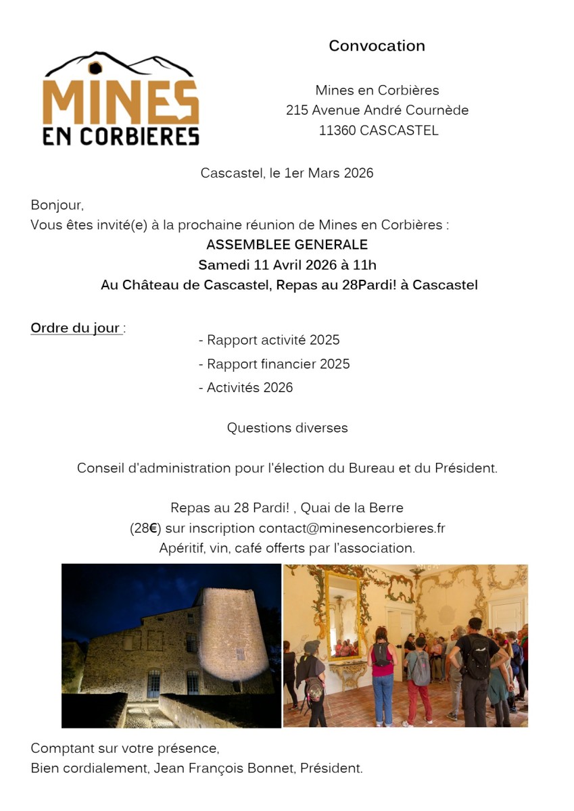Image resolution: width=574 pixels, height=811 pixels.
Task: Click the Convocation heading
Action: click(x=377, y=46)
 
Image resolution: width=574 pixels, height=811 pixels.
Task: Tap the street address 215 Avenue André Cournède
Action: click(x=377, y=110)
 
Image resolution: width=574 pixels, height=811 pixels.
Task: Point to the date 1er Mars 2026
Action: click(x=329, y=173)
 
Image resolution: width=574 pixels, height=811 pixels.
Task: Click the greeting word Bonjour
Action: click(x=56, y=205)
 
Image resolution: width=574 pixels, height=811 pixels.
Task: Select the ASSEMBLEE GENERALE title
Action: click(x=287, y=245)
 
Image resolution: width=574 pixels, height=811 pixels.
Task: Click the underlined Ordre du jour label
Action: click(x=76, y=328)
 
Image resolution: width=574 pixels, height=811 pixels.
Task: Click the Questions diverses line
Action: click(x=287, y=428)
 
